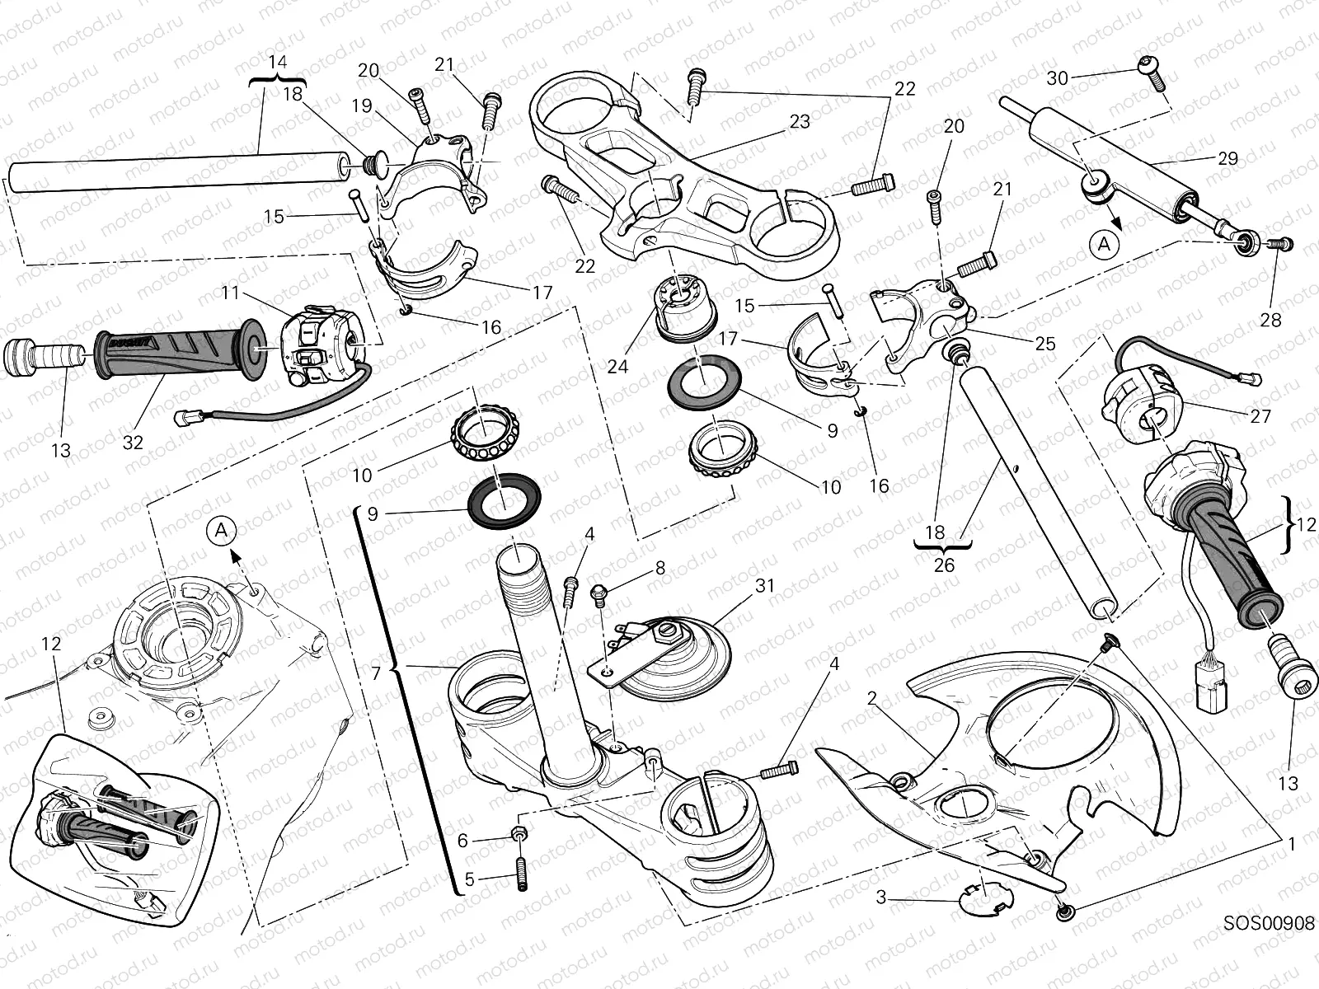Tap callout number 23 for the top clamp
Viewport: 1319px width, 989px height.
coord(799,122)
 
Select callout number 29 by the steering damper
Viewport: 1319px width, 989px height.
coord(1227,158)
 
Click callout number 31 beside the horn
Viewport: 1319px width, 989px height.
coord(765,585)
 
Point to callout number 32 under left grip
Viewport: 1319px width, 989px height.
coord(133,443)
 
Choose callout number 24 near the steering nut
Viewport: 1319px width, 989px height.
coord(617,366)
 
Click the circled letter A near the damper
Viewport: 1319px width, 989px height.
coord(1104,244)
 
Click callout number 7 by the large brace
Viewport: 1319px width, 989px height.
coord(376,673)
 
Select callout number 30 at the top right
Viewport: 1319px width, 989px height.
coord(1057,78)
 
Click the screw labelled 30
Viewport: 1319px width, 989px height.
coord(1152,73)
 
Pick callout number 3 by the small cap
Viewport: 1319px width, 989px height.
coord(880,898)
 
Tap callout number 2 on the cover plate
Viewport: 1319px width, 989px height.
coord(871,699)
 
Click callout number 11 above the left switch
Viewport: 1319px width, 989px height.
coord(229,293)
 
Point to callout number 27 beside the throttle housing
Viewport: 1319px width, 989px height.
coord(1260,417)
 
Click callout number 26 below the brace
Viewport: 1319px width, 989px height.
coord(944,565)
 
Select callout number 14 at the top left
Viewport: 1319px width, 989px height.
coord(278,63)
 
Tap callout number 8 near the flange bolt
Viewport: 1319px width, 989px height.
coord(659,568)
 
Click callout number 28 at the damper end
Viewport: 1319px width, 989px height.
coord(1270,320)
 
